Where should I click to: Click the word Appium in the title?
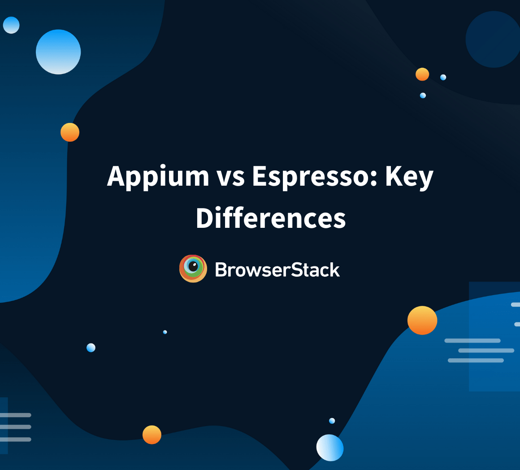click(158, 176)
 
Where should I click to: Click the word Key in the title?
click(409, 176)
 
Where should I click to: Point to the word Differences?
click(271, 218)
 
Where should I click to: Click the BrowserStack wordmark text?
click(277, 270)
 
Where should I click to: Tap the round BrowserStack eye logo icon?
click(193, 269)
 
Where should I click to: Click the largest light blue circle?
click(58, 52)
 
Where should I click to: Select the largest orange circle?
click(422, 320)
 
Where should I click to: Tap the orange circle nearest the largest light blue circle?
click(70, 132)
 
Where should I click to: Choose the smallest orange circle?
click(422, 74)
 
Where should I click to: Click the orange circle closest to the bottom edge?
click(152, 435)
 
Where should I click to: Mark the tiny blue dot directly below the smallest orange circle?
click(423, 96)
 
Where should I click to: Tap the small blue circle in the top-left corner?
click(11, 25)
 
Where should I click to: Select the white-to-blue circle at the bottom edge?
click(330, 448)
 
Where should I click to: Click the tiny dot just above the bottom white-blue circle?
click(332, 421)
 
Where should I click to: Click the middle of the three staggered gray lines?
click(486, 350)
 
